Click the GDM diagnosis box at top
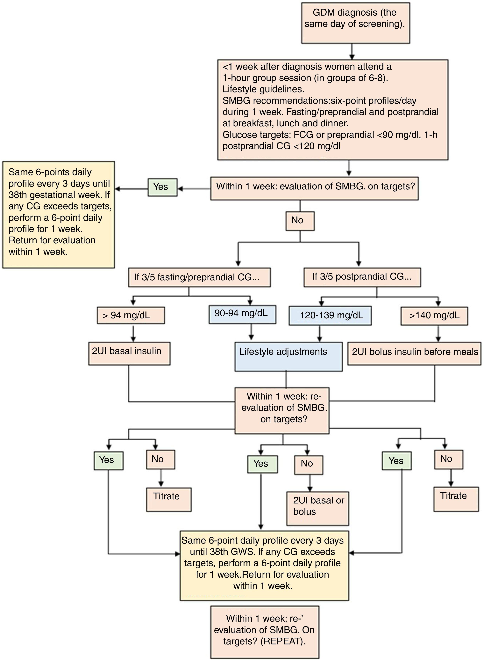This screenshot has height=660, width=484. [355, 23]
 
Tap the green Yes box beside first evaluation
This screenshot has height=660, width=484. [162, 187]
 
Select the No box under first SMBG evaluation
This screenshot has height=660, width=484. [300, 221]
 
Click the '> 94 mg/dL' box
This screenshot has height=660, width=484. [131, 315]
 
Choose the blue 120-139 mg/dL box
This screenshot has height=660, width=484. [330, 315]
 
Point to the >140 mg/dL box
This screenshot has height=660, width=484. [434, 316]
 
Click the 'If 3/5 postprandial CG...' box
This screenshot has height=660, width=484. [362, 277]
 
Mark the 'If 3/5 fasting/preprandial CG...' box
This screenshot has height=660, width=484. [199, 277]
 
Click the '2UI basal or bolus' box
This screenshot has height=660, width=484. [318, 508]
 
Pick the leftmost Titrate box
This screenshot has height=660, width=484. [169, 499]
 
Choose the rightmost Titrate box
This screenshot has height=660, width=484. [456, 499]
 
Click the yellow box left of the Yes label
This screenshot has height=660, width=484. [58, 214]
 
